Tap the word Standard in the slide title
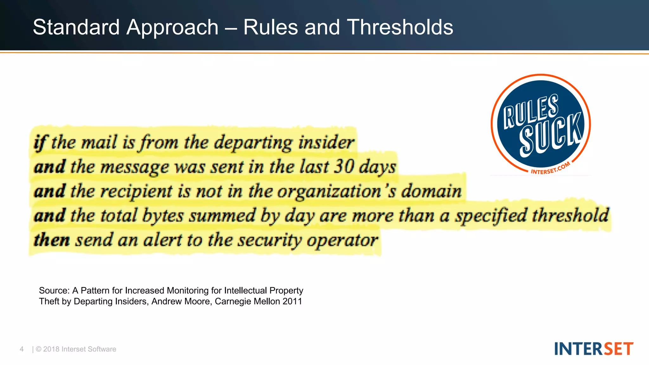(x=76, y=27)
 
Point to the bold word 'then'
(x=52, y=240)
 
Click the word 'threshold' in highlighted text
(x=570, y=215)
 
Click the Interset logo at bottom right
(x=594, y=349)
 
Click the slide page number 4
(x=22, y=349)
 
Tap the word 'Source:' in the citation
(x=54, y=291)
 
